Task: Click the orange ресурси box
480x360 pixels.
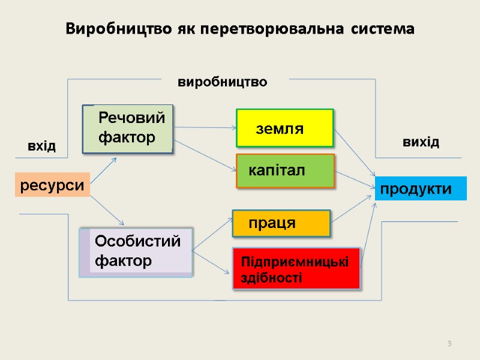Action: point(52,185)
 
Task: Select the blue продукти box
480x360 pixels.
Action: point(421,189)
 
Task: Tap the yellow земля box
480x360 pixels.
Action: point(285,128)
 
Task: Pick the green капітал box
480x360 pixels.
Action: point(285,171)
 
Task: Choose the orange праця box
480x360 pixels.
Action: point(281,223)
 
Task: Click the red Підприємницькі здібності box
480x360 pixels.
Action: point(296,269)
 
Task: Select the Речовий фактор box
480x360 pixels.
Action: point(127,128)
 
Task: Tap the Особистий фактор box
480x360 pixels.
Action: point(137,252)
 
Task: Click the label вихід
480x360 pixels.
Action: point(421,142)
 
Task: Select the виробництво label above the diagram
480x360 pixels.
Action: point(223,82)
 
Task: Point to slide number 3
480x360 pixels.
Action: point(449,343)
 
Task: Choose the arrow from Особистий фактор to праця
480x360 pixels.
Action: point(212,233)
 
